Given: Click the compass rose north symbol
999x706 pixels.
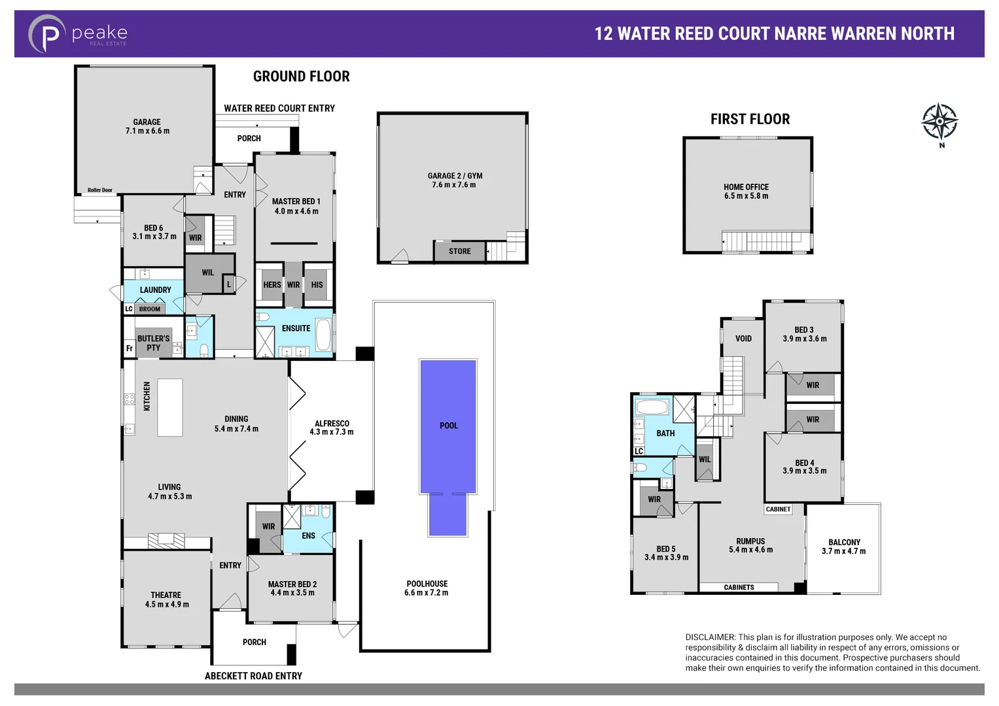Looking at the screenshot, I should tap(939, 122).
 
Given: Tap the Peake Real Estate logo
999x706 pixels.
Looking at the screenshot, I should tap(77, 33).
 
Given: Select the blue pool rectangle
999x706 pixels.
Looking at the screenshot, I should tap(448, 426).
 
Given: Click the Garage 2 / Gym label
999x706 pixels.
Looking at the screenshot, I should tap(455, 180).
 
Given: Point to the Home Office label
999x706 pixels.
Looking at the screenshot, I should tap(746, 191).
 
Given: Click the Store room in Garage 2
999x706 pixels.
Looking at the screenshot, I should tap(459, 251).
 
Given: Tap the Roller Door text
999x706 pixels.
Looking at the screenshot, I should tap(100, 190).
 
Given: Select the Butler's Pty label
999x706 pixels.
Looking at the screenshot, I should tap(153, 343).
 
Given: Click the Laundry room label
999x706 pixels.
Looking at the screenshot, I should tap(155, 290).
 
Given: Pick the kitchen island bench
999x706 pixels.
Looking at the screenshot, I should tap(170, 407).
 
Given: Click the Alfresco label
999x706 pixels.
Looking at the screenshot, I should tap(332, 428).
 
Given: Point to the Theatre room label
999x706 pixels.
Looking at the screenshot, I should tap(166, 599).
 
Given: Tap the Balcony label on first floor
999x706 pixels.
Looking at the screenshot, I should tap(844, 546).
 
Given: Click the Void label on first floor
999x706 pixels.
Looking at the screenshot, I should tap(743, 339).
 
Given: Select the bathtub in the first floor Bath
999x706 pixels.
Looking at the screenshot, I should tap(652, 408).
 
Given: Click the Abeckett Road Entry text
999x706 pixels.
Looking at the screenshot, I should tap(253, 676).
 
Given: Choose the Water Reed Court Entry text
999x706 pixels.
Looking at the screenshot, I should tap(279, 109).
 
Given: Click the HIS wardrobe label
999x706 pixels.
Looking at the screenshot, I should tap(317, 285).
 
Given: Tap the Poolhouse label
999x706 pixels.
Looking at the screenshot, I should tap(427, 588).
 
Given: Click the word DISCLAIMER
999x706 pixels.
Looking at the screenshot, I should tap(710, 637).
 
